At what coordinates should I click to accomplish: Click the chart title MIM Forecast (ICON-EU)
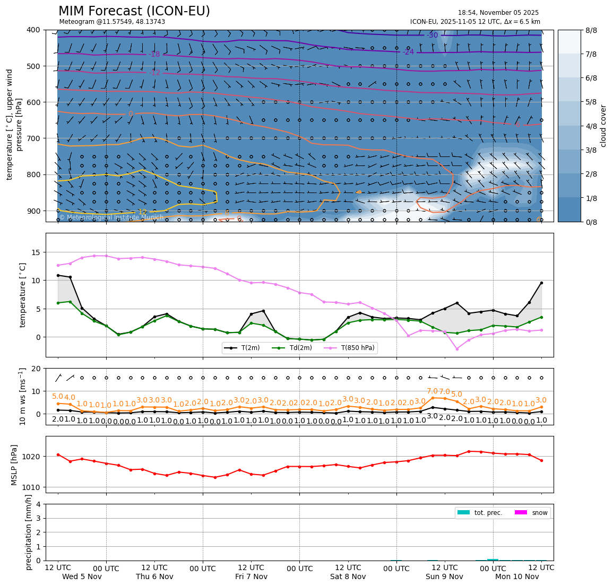tap(134, 11)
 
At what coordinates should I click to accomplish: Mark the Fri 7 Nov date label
tap(251, 576)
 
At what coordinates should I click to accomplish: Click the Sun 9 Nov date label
tap(444, 576)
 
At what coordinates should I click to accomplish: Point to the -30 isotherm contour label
tap(432, 36)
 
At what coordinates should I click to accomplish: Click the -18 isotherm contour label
tap(154, 54)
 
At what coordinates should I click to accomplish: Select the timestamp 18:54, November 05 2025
tap(498, 13)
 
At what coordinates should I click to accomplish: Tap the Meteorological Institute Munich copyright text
tap(111, 217)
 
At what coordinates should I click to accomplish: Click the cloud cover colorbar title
tap(603, 126)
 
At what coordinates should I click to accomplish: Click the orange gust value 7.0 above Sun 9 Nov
tap(433, 391)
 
